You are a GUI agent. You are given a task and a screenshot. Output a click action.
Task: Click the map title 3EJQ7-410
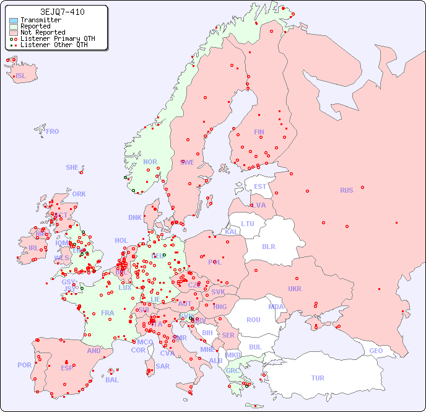(x=62, y=12)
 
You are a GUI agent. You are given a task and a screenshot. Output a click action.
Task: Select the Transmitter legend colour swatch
(x=14, y=20)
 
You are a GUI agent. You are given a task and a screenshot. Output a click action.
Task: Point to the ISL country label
(x=21, y=76)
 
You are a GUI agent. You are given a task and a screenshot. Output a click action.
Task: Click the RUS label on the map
(x=346, y=190)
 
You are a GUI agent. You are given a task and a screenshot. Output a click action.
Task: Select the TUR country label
(x=318, y=378)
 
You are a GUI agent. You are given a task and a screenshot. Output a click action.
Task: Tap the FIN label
(x=259, y=132)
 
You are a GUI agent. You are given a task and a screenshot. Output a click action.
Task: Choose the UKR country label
(x=295, y=289)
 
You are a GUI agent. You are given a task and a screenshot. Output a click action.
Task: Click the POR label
(x=24, y=365)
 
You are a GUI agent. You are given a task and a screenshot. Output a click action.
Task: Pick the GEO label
(x=376, y=351)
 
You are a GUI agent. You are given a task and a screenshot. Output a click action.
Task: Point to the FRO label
(x=53, y=131)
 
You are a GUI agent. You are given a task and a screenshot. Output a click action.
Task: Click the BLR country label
(x=268, y=246)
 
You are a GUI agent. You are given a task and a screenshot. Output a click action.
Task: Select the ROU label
(x=253, y=320)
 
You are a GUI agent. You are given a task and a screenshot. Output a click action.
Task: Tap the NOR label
(x=150, y=162)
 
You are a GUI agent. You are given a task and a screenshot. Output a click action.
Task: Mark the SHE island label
(x=72, y=167)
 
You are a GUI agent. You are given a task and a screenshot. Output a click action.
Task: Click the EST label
(x=260, y=186)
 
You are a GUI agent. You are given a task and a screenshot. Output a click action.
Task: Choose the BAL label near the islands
(x=111, y=380)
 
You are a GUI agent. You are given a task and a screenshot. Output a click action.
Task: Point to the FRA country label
(x=108, y=313)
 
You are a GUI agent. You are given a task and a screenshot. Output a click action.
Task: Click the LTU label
(x=248, y=224)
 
